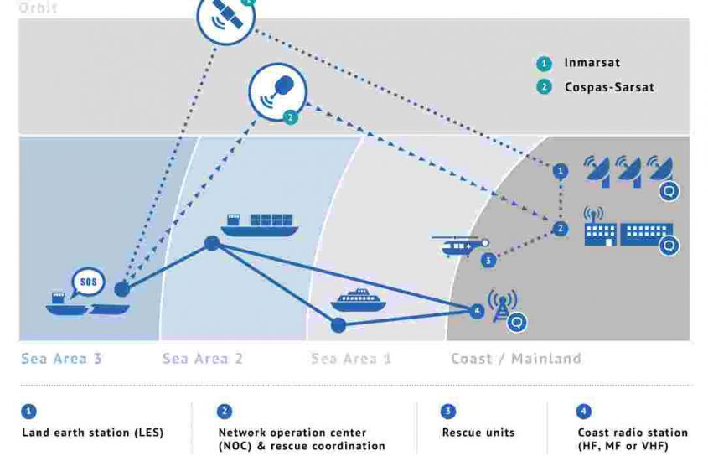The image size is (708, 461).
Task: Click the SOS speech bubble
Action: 88,282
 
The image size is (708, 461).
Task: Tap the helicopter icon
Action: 459,246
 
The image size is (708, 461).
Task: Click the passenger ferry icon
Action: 358,300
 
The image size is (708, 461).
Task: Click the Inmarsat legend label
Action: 592,63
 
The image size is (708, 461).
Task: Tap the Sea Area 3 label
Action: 61,359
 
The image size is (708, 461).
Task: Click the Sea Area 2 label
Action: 202,359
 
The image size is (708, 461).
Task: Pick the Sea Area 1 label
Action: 351,359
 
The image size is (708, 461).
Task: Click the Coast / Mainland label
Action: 515,359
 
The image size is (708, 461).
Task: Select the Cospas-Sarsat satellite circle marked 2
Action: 277,93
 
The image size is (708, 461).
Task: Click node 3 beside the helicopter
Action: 488,261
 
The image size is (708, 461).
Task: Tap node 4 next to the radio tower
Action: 477,311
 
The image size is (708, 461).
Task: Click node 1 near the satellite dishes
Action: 561,171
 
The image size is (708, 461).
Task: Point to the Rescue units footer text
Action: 478,433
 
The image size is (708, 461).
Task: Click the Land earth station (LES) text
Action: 92,433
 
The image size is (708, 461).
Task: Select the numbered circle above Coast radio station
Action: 583,412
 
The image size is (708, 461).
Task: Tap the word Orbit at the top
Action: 37,8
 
